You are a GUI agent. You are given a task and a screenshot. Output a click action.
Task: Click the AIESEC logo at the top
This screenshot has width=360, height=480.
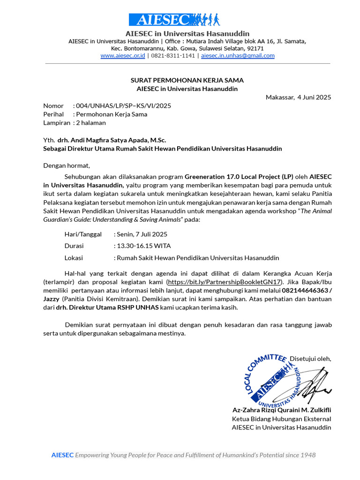pyautogui.click(x=174, y=20)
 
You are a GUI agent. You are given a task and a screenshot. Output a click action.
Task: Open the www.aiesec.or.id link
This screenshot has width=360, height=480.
pyautogui.click(x=122, y=55)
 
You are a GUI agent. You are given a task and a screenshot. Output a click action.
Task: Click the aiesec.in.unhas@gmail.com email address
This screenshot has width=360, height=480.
pyautogui.click(x=238, y=55)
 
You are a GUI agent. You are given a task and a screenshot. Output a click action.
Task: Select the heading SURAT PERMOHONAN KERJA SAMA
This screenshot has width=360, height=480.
pyautogui.click(x=187, y=80)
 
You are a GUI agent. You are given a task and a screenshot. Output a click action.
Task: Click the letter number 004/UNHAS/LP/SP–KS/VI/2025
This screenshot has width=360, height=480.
pyautogui.click(x=123, y=105)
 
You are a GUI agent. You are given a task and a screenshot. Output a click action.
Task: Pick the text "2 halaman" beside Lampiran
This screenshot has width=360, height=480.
pyautogui.click(x=91, y=123)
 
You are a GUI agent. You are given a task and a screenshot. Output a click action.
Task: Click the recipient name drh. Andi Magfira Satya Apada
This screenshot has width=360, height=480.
pyautogui.click(x=112, y=140)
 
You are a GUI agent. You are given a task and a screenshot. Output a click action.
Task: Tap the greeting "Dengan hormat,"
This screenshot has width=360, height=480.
pyautogui.click(x=67, y=165)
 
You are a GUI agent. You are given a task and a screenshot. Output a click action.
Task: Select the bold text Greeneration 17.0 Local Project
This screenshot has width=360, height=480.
pyautogui.click(x=239, y=177)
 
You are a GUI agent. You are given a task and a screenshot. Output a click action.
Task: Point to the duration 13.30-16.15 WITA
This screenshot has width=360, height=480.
pyautogui.click(x=144, y=246)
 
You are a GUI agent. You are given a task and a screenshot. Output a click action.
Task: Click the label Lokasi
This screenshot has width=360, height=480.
pyautogui.click(x=74, y=258)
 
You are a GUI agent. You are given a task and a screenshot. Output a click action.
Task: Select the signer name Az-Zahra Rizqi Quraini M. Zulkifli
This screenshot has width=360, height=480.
pyautogui.click(x=282, y=410)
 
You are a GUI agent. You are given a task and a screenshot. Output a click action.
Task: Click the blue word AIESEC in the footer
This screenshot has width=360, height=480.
pyautogui.click(x=62, y=455)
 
